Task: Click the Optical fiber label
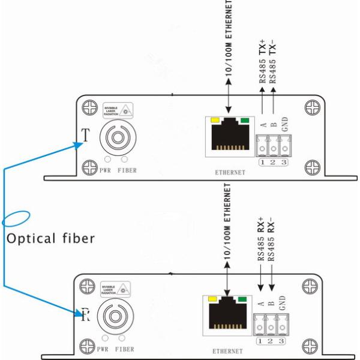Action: pos(50,238)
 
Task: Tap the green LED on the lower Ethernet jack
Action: pos(242,298)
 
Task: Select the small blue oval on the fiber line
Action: pos(16,217)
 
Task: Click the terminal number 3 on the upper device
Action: pos(285,162)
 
